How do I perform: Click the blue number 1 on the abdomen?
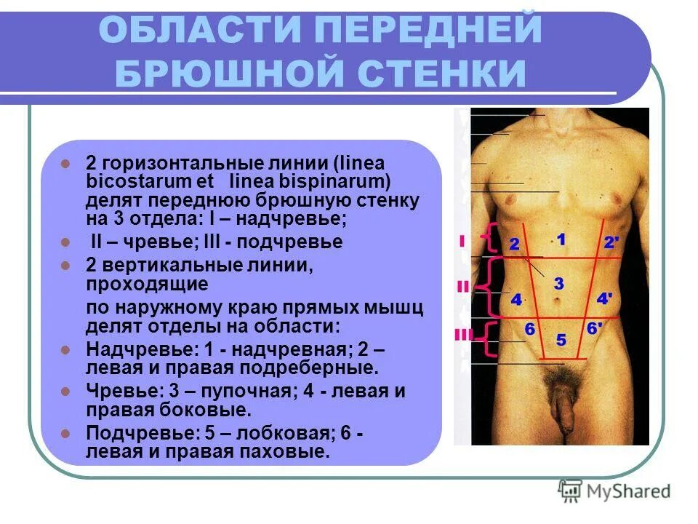coord(561,238)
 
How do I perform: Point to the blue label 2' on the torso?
coord(611,242)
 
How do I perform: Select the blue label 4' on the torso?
coord(605,298)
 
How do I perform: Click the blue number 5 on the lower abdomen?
coord(561,340)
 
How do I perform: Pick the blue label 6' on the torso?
coord(594,329)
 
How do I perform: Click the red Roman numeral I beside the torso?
coord(462,241)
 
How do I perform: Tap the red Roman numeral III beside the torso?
coord(463,334)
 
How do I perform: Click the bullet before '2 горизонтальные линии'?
coord(65,163)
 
